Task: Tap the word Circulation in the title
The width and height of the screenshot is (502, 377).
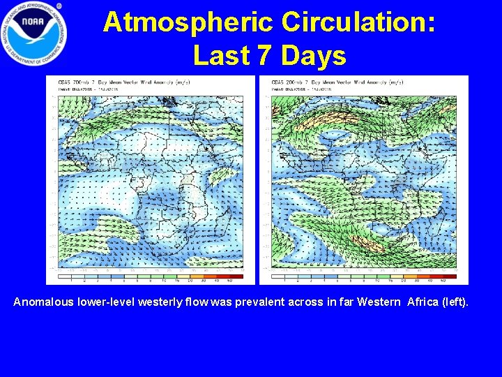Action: point(358,22)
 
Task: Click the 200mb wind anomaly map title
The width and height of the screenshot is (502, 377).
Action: point(338,82)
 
